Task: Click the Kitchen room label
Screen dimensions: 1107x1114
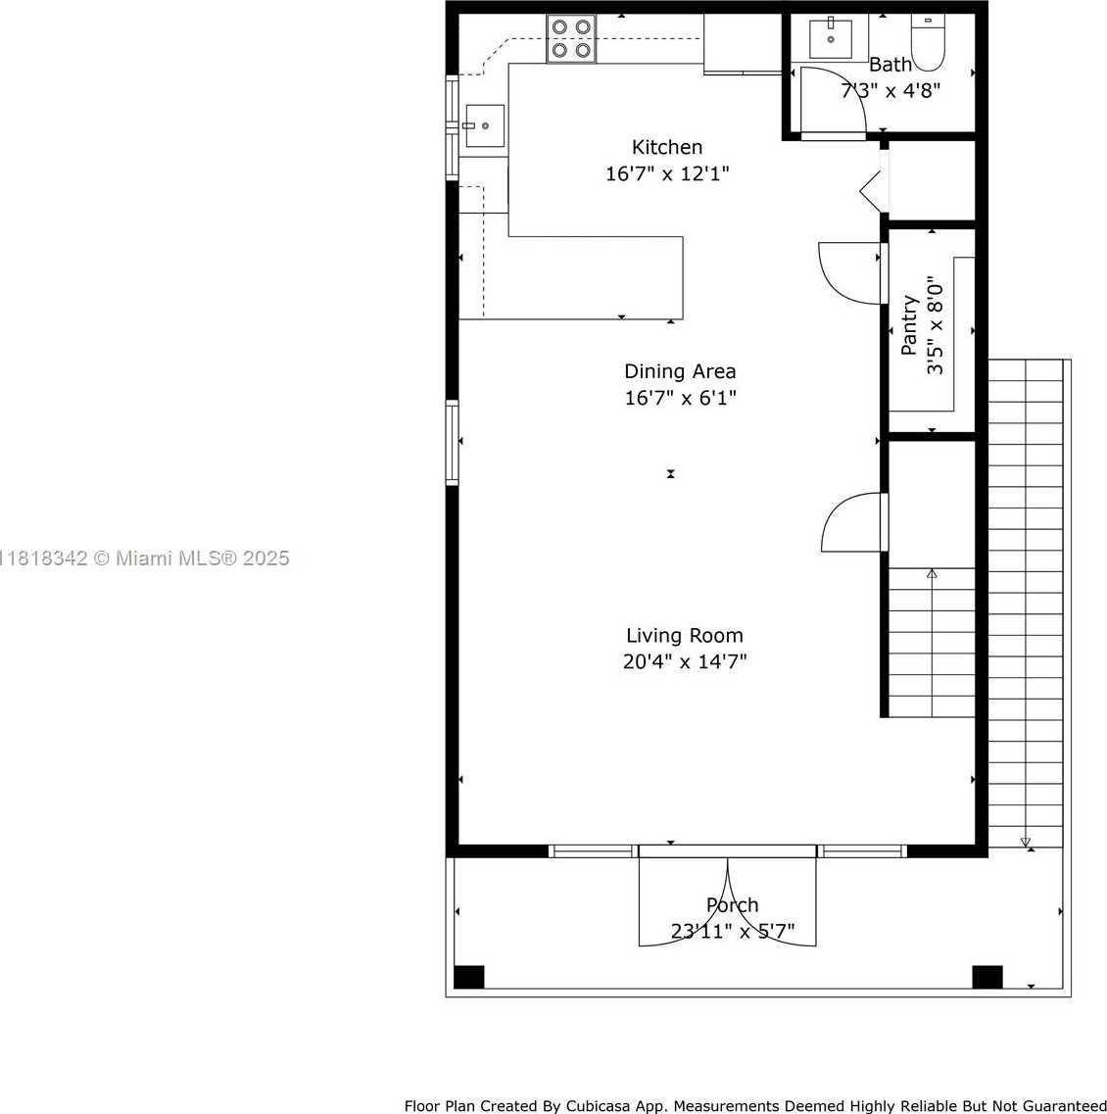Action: click(667, 147)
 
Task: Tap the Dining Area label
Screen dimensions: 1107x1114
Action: click(680, 371)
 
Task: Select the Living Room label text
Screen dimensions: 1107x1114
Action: click(684, 635)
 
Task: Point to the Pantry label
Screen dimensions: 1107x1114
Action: click(909, 324)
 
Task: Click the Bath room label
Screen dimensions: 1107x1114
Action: click(890, 65)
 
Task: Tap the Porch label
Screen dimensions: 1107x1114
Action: click(732, 905)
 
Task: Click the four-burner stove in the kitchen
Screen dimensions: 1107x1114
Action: click(571, 38)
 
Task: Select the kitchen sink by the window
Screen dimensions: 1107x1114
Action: click(485, 125)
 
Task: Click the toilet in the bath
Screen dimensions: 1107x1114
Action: click(928, 43)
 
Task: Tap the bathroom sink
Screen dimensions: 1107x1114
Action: click(831, 38)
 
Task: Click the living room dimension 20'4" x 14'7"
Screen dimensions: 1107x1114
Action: click(684, 662)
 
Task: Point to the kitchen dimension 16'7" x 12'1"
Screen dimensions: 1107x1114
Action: click(667, 173)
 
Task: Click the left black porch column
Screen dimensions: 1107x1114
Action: click(469, 977)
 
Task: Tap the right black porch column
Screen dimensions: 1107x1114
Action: click(987, 977)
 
